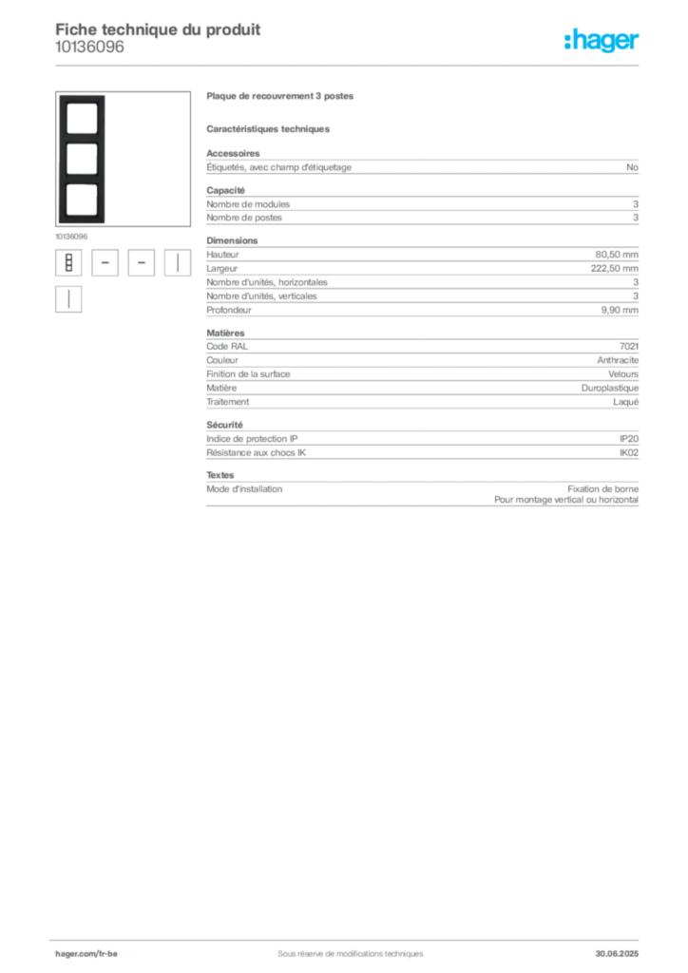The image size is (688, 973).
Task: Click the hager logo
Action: (602, 41)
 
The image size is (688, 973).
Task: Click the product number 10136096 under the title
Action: (89, 48)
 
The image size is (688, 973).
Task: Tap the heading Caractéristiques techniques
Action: (268, 129)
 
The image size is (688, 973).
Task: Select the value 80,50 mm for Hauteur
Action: (617, 255)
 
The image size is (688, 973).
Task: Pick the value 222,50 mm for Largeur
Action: (614, 268)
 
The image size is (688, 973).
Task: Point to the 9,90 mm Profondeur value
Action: (620, 310)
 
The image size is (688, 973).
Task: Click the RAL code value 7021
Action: (629, 346)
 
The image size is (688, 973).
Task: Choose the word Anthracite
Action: (618, 360)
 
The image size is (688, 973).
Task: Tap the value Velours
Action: (623, 374)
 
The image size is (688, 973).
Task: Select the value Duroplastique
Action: (610, 388)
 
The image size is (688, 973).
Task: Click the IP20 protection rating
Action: (629, 439)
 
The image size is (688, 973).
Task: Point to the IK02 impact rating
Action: (629, 452)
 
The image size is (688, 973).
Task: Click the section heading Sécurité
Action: (224, 425)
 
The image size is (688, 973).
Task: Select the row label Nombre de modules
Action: (248, 204)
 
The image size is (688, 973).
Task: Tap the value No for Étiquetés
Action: (632, 167)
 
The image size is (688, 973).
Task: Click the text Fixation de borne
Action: (603, 489)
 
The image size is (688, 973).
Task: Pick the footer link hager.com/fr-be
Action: (86, 954)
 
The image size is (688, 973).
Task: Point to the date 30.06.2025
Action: (617, 954)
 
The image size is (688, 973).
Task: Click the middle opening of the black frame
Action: (82, 159)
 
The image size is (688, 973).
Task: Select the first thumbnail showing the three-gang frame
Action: (68, 263)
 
